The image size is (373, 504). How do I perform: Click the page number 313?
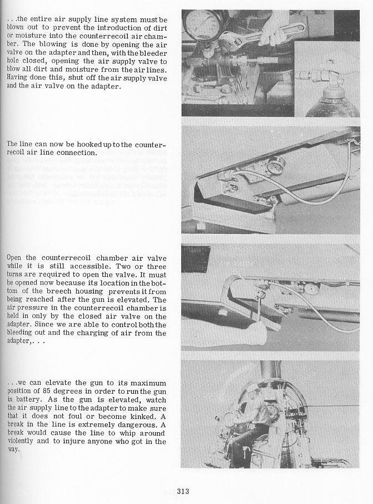pyautogui.click(x=184, y=491)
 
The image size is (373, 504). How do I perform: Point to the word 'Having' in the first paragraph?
pyautogui.click(x=18, y=78)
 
